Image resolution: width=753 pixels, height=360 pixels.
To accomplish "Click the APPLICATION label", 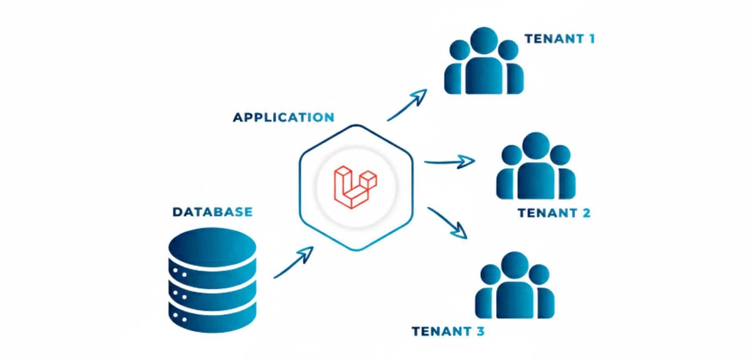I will pos(284,117).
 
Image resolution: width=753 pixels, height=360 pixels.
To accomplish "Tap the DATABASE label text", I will pos(213,212).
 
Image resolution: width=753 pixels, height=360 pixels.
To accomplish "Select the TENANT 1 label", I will pos(559,39).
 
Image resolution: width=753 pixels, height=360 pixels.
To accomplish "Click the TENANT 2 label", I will pos(553,213).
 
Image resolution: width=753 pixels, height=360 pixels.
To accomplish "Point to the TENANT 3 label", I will pos(447,331).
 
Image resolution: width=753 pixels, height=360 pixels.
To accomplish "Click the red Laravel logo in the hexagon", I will pos(355,187).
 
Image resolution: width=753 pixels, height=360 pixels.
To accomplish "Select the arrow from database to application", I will pos(294,263).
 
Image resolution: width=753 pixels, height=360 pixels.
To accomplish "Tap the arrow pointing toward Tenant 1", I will pos(408,105).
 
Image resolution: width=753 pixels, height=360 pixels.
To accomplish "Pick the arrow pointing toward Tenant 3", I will pos(448,223).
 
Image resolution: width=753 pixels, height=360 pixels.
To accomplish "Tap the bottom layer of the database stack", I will pos(212,318).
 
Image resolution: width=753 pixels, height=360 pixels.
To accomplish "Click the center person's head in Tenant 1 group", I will pos(484,40).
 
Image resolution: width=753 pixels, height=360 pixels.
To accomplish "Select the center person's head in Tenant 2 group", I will pos(536,145).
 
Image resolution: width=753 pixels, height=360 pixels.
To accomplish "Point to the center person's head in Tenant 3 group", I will pos(515,265).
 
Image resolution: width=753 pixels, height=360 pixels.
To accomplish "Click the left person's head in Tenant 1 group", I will pos(460,50).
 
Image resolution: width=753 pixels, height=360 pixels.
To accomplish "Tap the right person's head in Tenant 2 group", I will pos(560,155).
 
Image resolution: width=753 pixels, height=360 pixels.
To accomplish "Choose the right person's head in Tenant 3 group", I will pos(539,275).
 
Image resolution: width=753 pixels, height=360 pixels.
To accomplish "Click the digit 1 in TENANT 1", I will pos(592,39).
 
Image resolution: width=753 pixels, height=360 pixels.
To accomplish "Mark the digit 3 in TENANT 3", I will pos(480,331).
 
